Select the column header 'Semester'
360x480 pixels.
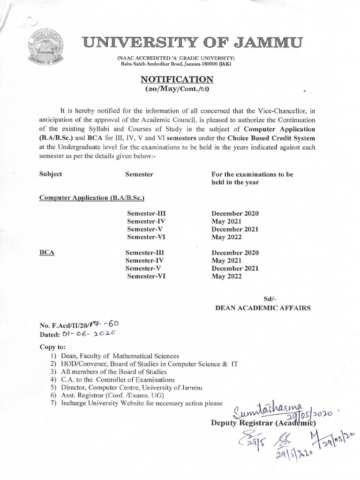(x=139, y=174)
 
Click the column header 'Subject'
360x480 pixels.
(x=51, y=174)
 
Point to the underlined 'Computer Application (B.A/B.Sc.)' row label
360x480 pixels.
(x=85, y=198)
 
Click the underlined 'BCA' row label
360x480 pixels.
(x=47, y=253)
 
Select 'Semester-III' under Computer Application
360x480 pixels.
(x=146, y=213)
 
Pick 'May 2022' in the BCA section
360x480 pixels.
(x=226, y=277)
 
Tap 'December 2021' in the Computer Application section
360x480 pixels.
(x=235, y=229)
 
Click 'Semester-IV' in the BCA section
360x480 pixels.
(x=145, y=261)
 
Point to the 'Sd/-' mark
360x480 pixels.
(x=265, y=299)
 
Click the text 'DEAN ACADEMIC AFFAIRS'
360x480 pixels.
(x=262, y=308)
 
